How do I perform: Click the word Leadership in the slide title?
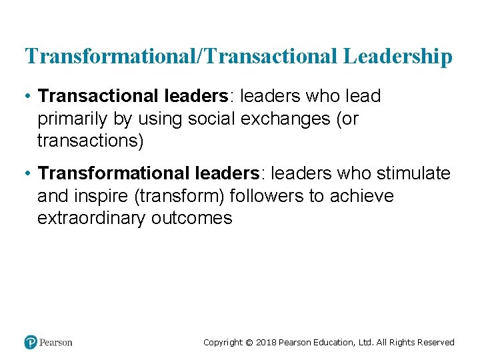[398, 57]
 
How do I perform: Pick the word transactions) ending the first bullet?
[90, 141]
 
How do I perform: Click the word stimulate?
[413, 174]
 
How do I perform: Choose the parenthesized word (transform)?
[185, 196]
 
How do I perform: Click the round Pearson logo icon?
[31, 342]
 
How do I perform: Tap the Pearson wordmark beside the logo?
[56, 343]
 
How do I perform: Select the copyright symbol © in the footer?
[249, 343]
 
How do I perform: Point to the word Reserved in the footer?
[434, 343]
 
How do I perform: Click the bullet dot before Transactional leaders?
[27, 97]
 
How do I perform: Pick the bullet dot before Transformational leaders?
[27, 174]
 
